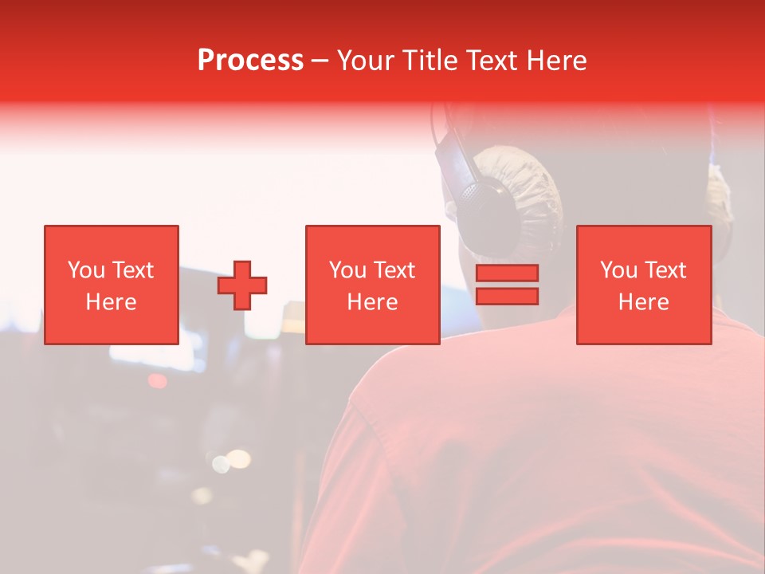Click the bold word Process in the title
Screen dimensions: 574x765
point(250,61)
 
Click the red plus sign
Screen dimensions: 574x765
point(242,285)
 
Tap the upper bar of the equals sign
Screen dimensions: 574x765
point(507,273)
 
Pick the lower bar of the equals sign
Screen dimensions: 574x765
point(507,296)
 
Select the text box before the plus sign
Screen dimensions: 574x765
point(112,285)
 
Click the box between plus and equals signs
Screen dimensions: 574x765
point(373,285)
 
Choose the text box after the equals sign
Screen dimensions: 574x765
point(644,285)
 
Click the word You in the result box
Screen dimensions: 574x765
point(618,270)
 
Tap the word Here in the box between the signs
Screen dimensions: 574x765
point(373,302)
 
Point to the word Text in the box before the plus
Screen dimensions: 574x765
point(132,270)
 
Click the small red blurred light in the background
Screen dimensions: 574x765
point(158,381)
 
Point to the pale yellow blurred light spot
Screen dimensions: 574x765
point(237,459)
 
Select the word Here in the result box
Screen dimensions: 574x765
point(644,302)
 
